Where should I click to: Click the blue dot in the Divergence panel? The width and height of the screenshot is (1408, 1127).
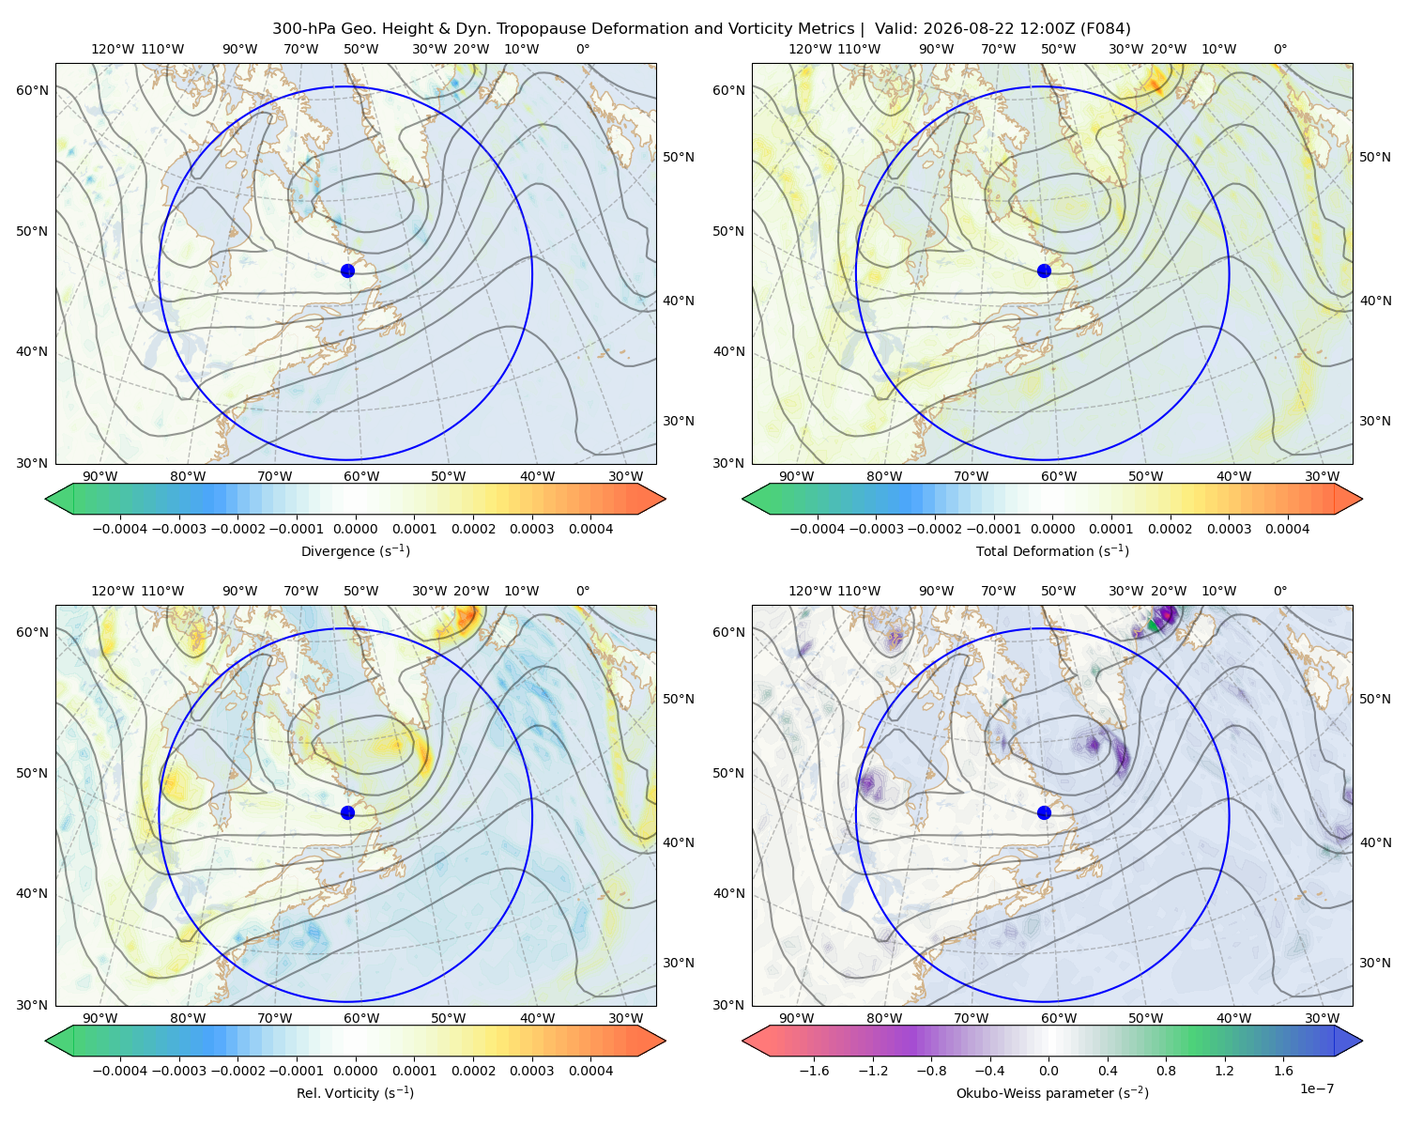(x=347, y=270)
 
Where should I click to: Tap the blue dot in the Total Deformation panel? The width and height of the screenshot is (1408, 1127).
(x=1044, y=270)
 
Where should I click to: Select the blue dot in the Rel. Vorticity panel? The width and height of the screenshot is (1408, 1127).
(x=347, y=812)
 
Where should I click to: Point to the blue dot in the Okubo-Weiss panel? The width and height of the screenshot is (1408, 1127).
(x=1044, y=812)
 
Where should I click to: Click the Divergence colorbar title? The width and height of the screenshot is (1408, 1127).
(x=355, y=550)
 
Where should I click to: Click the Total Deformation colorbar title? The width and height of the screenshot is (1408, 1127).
(x=1052, y=550)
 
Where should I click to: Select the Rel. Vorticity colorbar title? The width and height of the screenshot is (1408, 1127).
(x=355, y=1092)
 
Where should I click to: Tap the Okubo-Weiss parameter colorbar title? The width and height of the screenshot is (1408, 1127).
(x=1052, y=1092)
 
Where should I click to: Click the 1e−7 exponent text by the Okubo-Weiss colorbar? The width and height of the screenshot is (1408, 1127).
(x=1316, y=1088)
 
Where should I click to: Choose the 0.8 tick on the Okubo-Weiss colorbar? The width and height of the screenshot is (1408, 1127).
(x=1166, y=1070)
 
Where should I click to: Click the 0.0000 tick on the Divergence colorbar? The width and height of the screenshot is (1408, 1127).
(x=355, y=529)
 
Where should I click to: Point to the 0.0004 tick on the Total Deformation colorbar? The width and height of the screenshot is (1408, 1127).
(x=1287, y=529)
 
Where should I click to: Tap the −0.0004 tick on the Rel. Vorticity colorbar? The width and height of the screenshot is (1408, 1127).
(x=120, y=1070)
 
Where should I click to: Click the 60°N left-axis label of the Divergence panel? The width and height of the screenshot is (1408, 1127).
(x=32, y=90)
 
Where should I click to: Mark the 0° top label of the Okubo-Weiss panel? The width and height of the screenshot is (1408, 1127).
(x=1279, y=590)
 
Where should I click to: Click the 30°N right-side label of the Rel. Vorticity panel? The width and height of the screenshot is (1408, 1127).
(x=679, y=962)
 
